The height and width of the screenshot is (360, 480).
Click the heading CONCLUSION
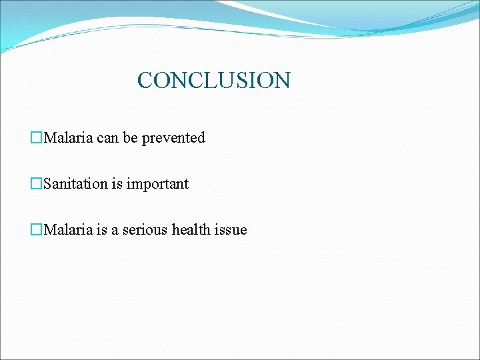[213, 81]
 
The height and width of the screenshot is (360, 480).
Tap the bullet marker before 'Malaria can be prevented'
[37, 138]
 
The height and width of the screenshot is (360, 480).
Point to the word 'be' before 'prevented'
[130, 138]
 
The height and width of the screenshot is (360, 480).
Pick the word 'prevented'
[173, 138]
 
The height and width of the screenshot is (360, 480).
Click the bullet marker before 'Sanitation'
[37, 184]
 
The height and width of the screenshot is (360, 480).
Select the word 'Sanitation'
[75, 184]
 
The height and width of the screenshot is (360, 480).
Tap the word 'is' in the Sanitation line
[117, 184]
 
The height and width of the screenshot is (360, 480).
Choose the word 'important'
[157, 184]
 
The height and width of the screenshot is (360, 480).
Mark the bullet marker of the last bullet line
[37, 230]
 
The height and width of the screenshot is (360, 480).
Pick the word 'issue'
[232, 230]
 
